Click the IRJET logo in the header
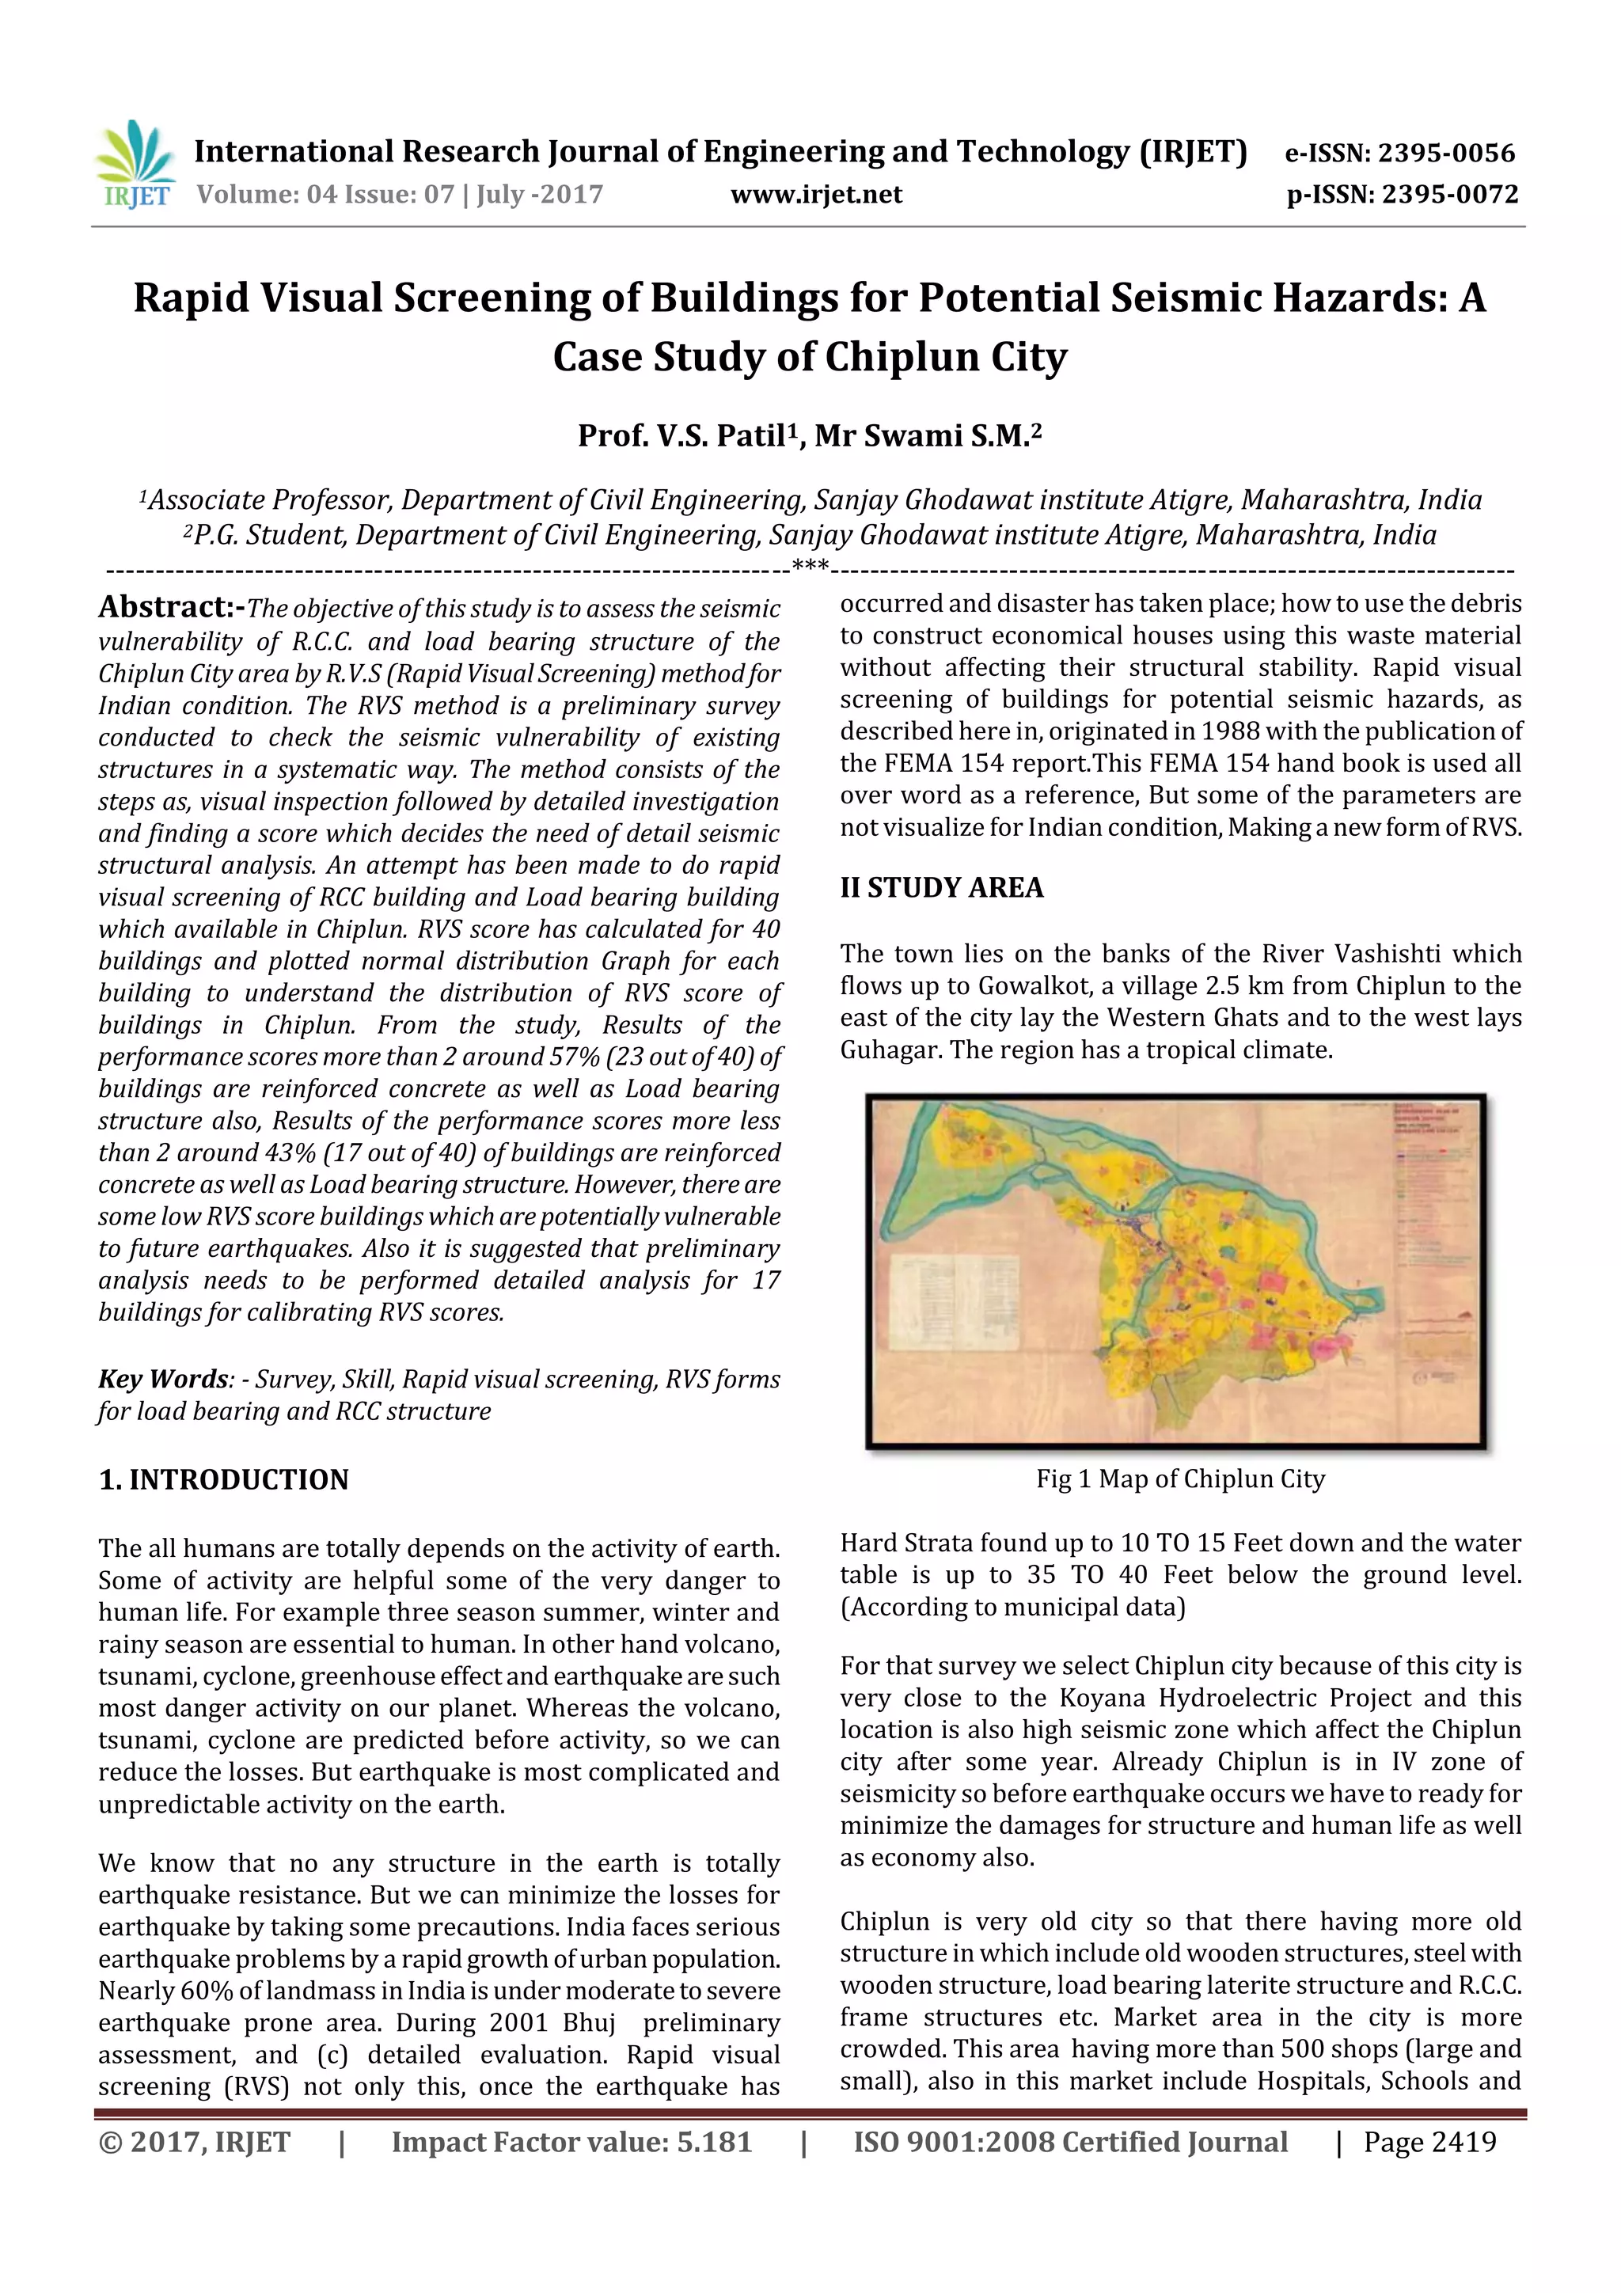tap(135, 164)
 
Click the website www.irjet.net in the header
tap(816, 195)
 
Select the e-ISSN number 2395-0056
tap(1446, 153)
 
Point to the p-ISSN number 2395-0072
tap(1450, 195)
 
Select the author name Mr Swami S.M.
tap(924, 436)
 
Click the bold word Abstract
tap(165, 607)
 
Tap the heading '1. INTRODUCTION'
tap(224, 1480)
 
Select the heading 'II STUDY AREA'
tap(941, 888)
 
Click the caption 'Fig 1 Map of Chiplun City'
tap(1179, 1479)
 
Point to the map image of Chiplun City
tap(1175, 1270)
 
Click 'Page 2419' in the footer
tap(1429, 2142)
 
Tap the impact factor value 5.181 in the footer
tap(713, 2142)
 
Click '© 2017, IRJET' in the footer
tap(195, 2142)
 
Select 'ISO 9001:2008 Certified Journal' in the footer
tap(1069, 2142)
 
